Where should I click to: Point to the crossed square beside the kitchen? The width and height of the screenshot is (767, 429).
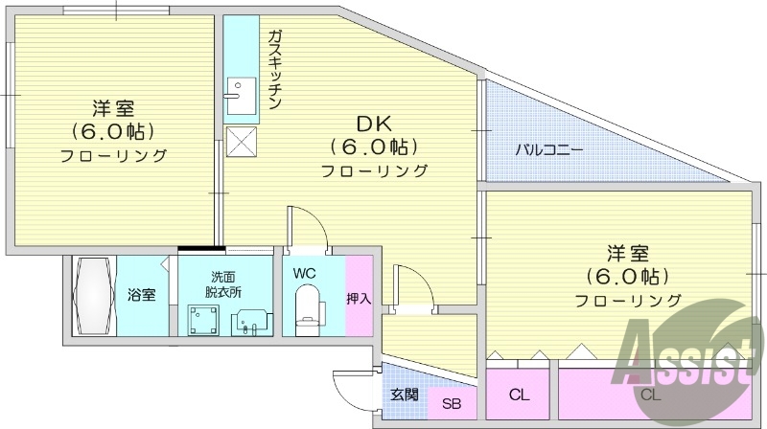240,142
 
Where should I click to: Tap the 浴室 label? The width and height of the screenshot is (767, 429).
142,294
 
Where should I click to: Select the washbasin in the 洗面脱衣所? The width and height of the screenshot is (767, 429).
251,320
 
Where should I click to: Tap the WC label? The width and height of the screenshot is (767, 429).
305,273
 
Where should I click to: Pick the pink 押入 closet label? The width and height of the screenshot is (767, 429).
359,298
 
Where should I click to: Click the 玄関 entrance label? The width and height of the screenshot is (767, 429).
403,394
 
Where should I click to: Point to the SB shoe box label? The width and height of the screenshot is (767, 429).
451,403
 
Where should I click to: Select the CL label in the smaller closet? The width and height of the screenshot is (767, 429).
520,395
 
